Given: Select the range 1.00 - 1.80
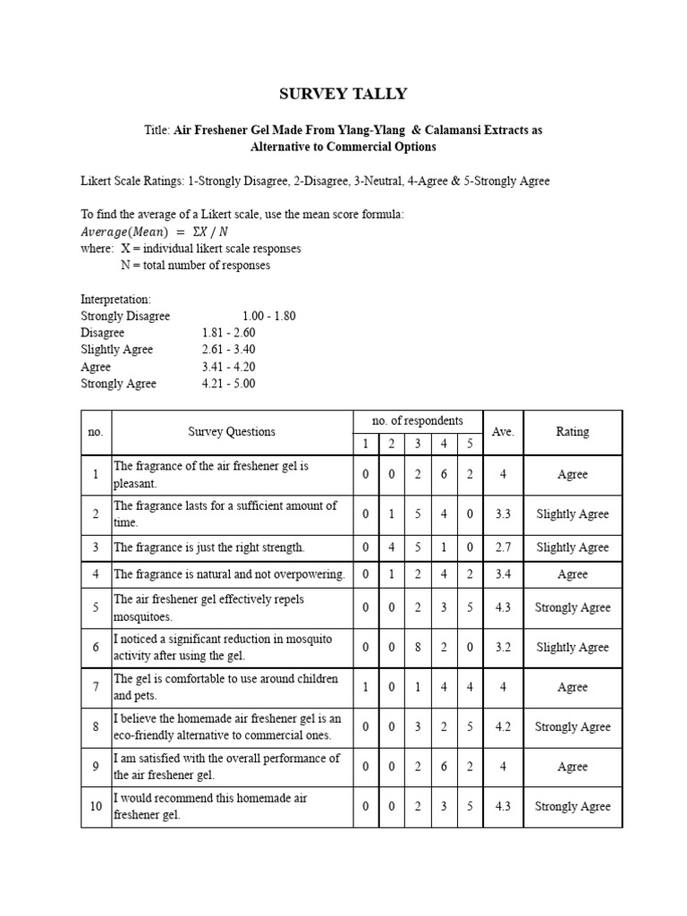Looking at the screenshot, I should coord(268,316).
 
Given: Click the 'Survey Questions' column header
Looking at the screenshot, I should coord(232,431).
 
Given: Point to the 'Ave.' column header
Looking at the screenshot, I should coord(503,431).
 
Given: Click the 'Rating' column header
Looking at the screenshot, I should coord(572,431).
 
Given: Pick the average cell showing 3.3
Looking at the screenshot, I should coord(503,514).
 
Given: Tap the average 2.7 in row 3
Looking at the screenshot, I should coord(503,547).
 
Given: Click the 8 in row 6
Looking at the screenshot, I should coord(418,648).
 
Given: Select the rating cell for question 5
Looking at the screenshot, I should coord(572,608).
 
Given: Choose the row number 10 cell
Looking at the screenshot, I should coord(96,807).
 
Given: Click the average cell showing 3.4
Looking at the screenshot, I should coord(503,574).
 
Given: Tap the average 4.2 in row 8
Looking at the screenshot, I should coord(503,727).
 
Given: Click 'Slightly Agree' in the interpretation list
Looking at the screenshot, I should coord(117,350).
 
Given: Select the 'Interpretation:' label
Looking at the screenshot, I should coord(115,299).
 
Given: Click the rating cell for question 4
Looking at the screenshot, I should coord(572,574).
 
